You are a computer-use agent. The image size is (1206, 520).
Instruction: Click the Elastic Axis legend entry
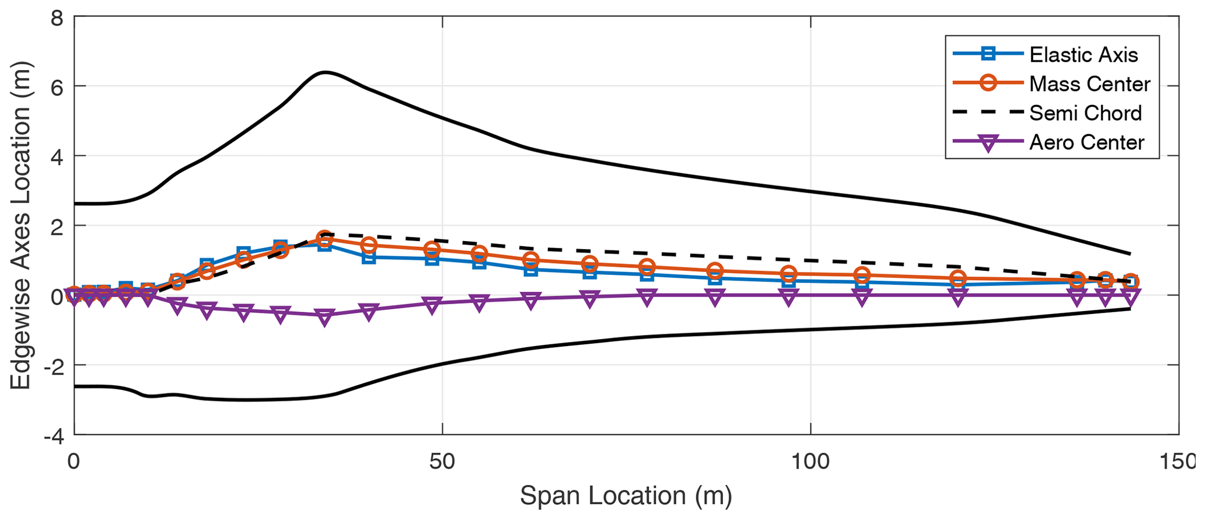pyautogui.click(x=1083, y=55)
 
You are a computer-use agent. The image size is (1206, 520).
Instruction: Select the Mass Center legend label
pyautogui.click(x=1089, y=84)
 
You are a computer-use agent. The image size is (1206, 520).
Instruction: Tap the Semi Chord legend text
pyautogui.click(x=1085, y=113)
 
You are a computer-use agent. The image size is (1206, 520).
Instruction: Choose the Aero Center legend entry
pyautogui.click(x=1086, y=142)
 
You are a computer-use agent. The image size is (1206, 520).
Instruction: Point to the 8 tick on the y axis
pyautogui.click(x=57, y=18)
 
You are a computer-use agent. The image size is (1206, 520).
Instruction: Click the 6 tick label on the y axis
pyautogui.click(x=57, y=86)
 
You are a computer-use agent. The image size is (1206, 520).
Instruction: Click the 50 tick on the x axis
pyautogui.click(x=442, y=462)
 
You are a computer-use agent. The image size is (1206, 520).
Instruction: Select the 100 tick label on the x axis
pyautogui.click(x=811, y=462)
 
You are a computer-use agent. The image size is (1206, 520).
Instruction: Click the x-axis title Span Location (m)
pyautogui.click(x=625, y=496)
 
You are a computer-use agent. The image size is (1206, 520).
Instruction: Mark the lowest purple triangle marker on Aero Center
pyautogui.click(x=325, y=317)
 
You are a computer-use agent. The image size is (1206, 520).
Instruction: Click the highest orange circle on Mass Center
pyautogui.click(x=325, y=238)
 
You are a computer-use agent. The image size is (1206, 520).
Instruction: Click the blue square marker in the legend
pyautogui.click(x=988, y=55)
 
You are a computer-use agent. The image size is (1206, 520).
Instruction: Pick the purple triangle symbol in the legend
pyautogui.click(x=988, y=144)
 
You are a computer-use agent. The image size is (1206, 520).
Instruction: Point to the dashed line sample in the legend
pyautogui.click(x=988, y=113)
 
